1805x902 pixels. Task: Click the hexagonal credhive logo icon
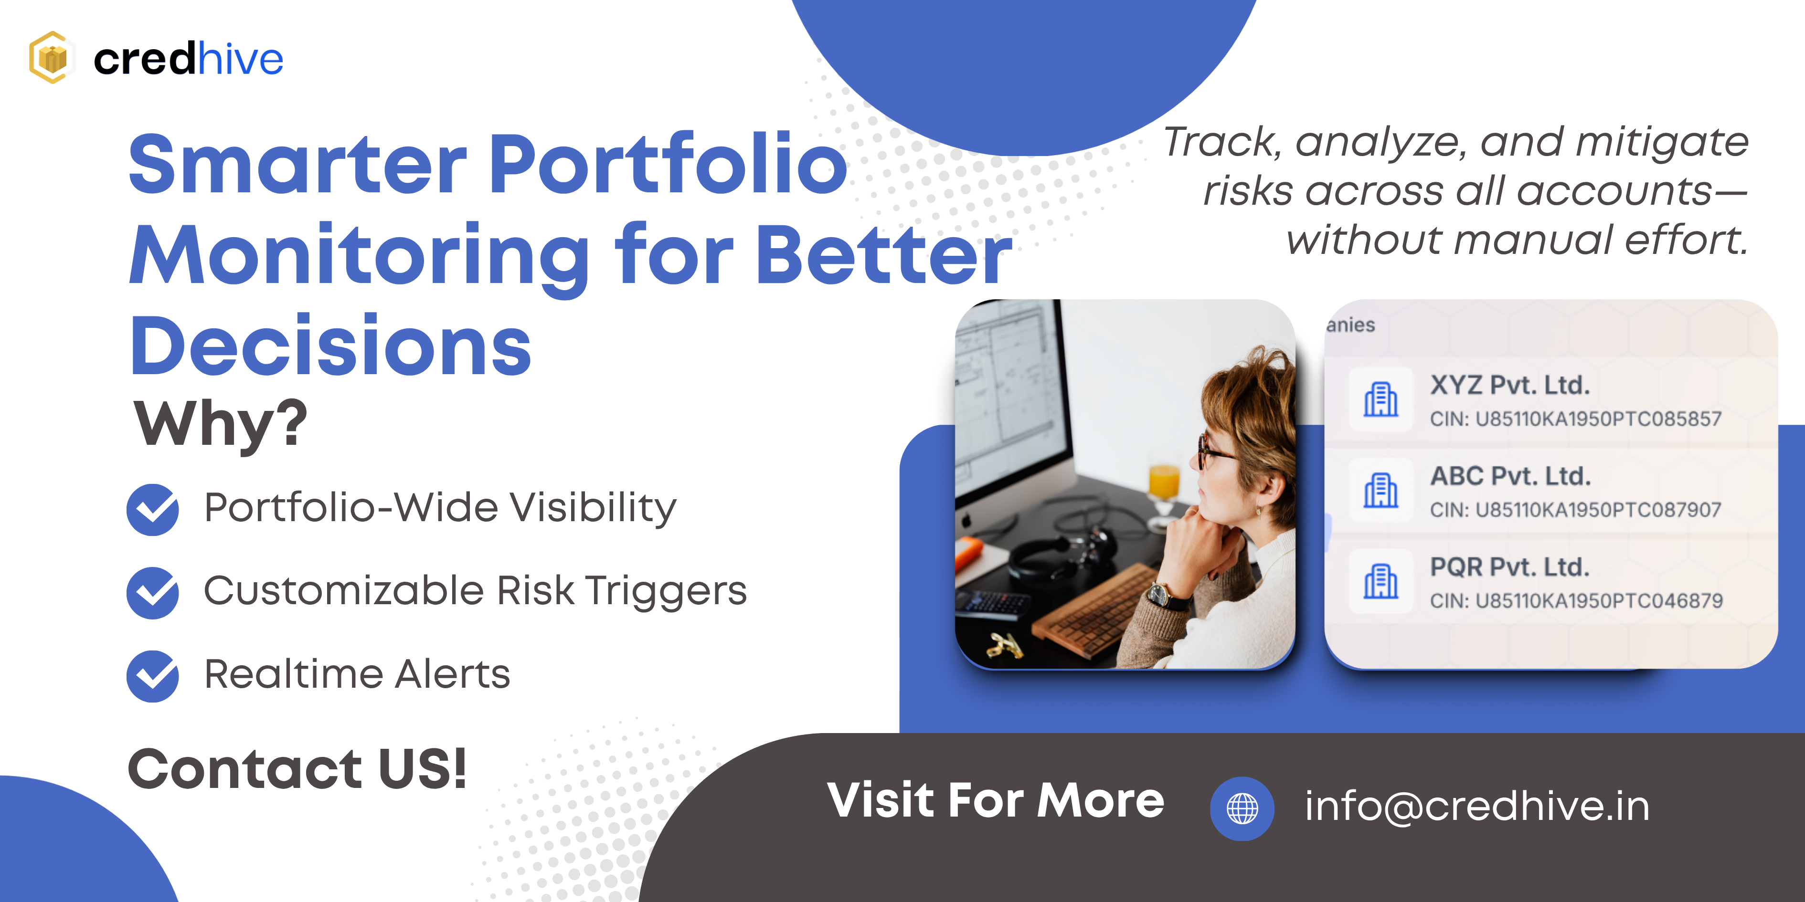(x=50, y=57)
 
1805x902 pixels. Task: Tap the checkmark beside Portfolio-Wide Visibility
(x=153, y=510)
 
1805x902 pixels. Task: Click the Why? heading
(x=221, y=424)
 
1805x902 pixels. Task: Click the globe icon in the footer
(x=1242, y=809)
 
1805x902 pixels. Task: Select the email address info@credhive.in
(x=1477, y=806)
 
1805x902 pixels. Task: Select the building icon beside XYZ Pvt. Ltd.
(x=1381, y=399)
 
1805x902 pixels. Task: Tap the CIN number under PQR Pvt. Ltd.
(x=1577, y=601)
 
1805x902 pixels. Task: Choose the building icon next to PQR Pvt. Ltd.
(x=1381, y=581)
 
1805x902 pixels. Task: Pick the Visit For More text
(x=996, y=800)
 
